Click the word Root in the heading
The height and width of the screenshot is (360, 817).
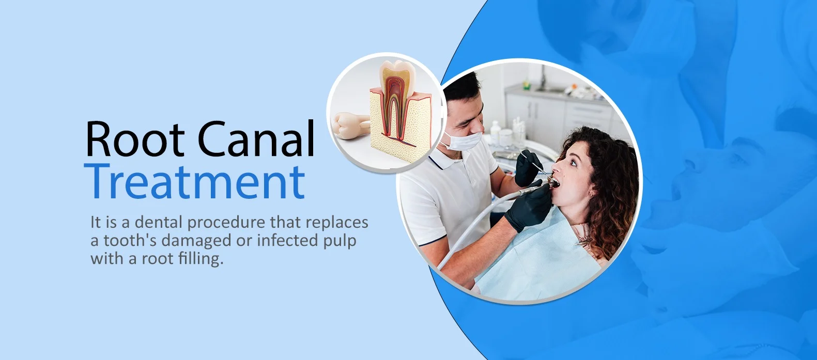point(135,138)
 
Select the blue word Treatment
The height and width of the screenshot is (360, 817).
point(194,181)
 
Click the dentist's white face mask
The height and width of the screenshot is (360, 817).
point(460,140)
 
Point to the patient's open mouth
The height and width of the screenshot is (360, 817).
point(553,182)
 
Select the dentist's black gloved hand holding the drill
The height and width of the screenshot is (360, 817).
point(529,208)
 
